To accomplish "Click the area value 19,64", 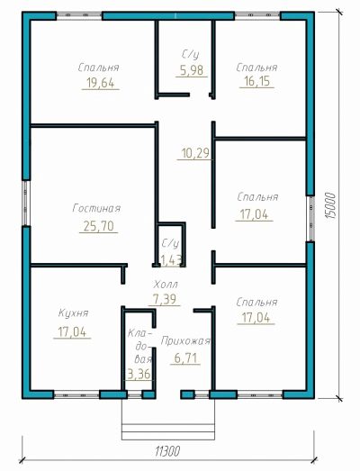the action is click(101, 83).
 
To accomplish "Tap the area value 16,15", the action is click(256, 81).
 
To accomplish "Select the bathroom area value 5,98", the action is click(192, 70).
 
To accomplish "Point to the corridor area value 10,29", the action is click(195, 153).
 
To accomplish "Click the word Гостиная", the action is click(96, 208).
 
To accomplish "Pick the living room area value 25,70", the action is click(99, 226).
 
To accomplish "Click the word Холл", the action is click(166, 285).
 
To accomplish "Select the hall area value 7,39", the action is click(165, 299).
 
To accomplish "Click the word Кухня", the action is click(73, 313).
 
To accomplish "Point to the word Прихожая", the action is click(185, 341).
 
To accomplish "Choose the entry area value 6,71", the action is click(185, 358).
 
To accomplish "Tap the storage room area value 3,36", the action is click(139, 375).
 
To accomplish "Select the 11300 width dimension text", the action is click(167, 451).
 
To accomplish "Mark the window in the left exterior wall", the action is click(26, 203).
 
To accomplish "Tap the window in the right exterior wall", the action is click(311, 219).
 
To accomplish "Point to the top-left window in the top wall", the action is click(79, 15).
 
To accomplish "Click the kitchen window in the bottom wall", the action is click(76, 394).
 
